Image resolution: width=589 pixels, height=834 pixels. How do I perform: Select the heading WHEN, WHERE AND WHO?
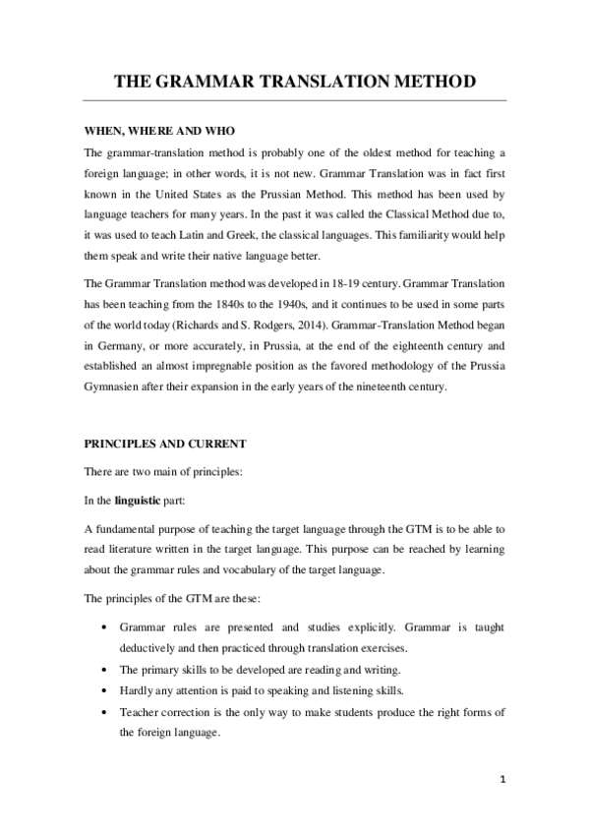[158, 132]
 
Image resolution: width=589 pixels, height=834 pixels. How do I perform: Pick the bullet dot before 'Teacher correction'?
[104, 711]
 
